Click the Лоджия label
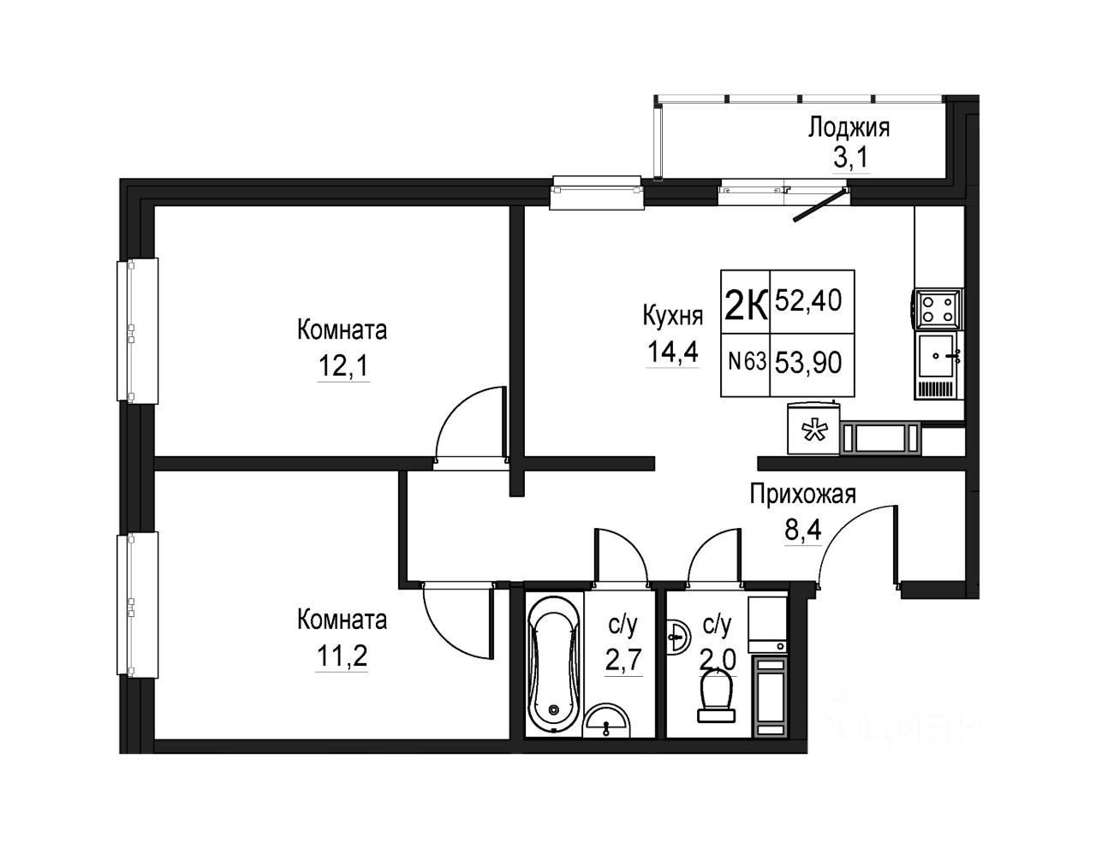(849, 127)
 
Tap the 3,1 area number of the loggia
(850, 158)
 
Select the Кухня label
(673, 316)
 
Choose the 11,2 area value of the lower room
(342, 655)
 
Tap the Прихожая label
(803, 495)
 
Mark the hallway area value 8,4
(803, 531)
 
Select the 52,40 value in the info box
(808, 301)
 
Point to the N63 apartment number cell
(748, 361)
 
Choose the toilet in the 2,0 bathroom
(716, 699)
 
